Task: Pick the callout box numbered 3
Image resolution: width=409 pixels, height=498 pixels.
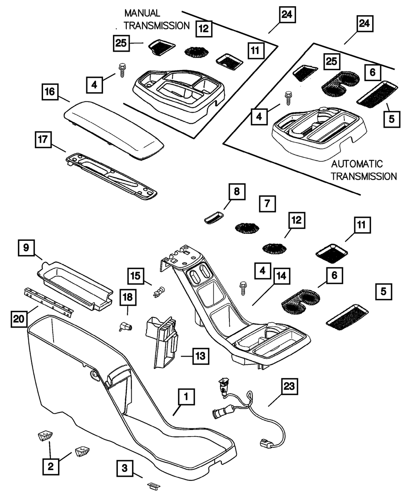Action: point(125,468)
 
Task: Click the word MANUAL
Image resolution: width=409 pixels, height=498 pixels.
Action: point(142,14)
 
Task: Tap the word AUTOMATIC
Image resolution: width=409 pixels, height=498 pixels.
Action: point(357,164)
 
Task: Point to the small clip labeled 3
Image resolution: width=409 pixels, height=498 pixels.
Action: point(153,486)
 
